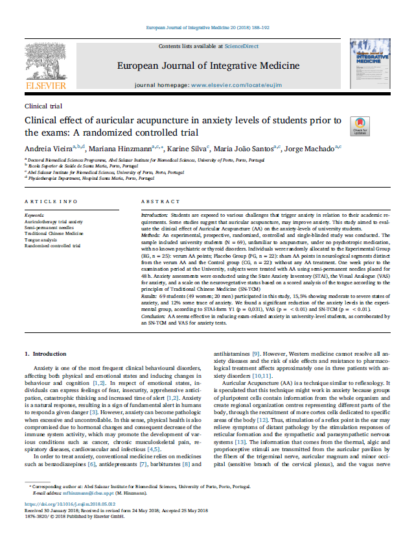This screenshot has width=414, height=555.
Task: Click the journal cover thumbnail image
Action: tap(369, 64)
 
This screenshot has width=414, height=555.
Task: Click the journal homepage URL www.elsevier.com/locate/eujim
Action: tap(237, 86)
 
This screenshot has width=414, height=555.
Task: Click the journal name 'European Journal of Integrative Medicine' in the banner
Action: tap(207, 66)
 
